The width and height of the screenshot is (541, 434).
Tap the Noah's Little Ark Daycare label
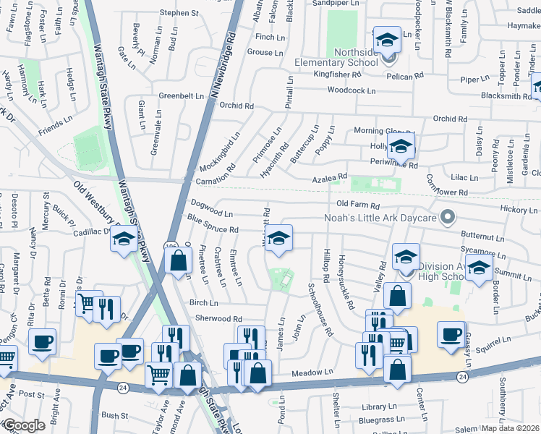tap(382, 218)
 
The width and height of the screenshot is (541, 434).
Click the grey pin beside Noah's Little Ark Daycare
tap(448, 216)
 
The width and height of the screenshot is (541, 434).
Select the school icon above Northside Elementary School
tap(387, 40)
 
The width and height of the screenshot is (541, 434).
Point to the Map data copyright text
tap(511, 427)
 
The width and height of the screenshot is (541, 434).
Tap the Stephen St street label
tap(179, 13)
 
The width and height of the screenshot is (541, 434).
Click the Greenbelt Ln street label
tap(181, 95)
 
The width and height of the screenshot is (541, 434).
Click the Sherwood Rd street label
tap(218, 318)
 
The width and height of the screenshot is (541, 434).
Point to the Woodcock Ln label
tap(352, 90)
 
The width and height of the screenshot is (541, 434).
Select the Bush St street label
tap(114, 416)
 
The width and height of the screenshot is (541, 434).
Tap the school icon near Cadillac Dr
tap(124, 239)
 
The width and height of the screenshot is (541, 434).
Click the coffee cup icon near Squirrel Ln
tap(450, 333)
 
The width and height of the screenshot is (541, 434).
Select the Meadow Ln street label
tap(312, 373)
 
